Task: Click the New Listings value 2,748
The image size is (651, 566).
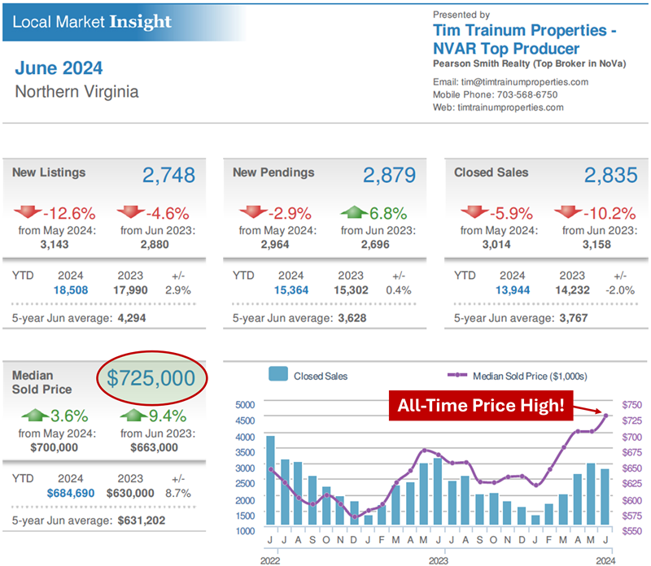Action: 168,175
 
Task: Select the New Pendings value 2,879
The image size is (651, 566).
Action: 389,175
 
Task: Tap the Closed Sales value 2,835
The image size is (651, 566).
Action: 610,175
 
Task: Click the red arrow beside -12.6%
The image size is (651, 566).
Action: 27,214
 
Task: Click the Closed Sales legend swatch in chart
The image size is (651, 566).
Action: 278,376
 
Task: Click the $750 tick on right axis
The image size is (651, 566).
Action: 631,404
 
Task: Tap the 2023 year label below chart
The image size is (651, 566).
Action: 439,559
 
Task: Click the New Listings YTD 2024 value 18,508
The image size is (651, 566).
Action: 70,290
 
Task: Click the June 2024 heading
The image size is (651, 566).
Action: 59,67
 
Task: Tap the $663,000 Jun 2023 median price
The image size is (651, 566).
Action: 153,446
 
